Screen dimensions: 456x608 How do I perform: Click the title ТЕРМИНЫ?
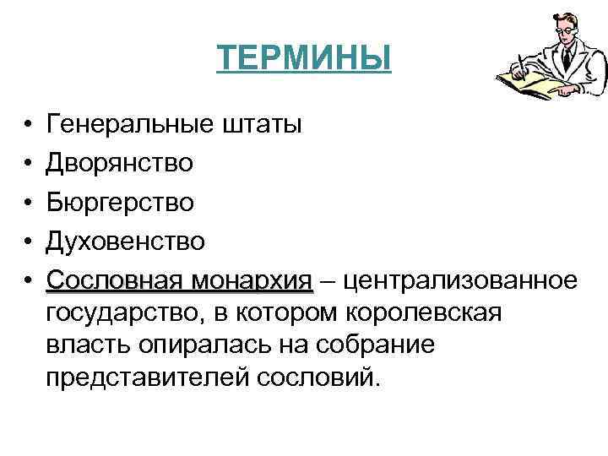(304, 59)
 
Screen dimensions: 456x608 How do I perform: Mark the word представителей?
(144, 377)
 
